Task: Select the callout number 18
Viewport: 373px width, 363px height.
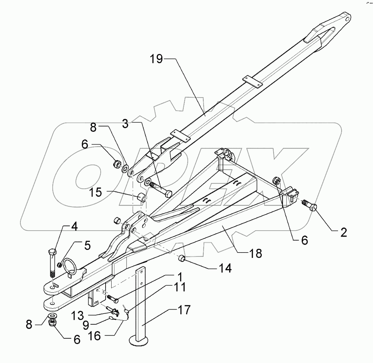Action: click(x=256, y=254)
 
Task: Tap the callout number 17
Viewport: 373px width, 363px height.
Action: click(x=184, y=310)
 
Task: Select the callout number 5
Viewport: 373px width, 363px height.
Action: click(x=87, y=246)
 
